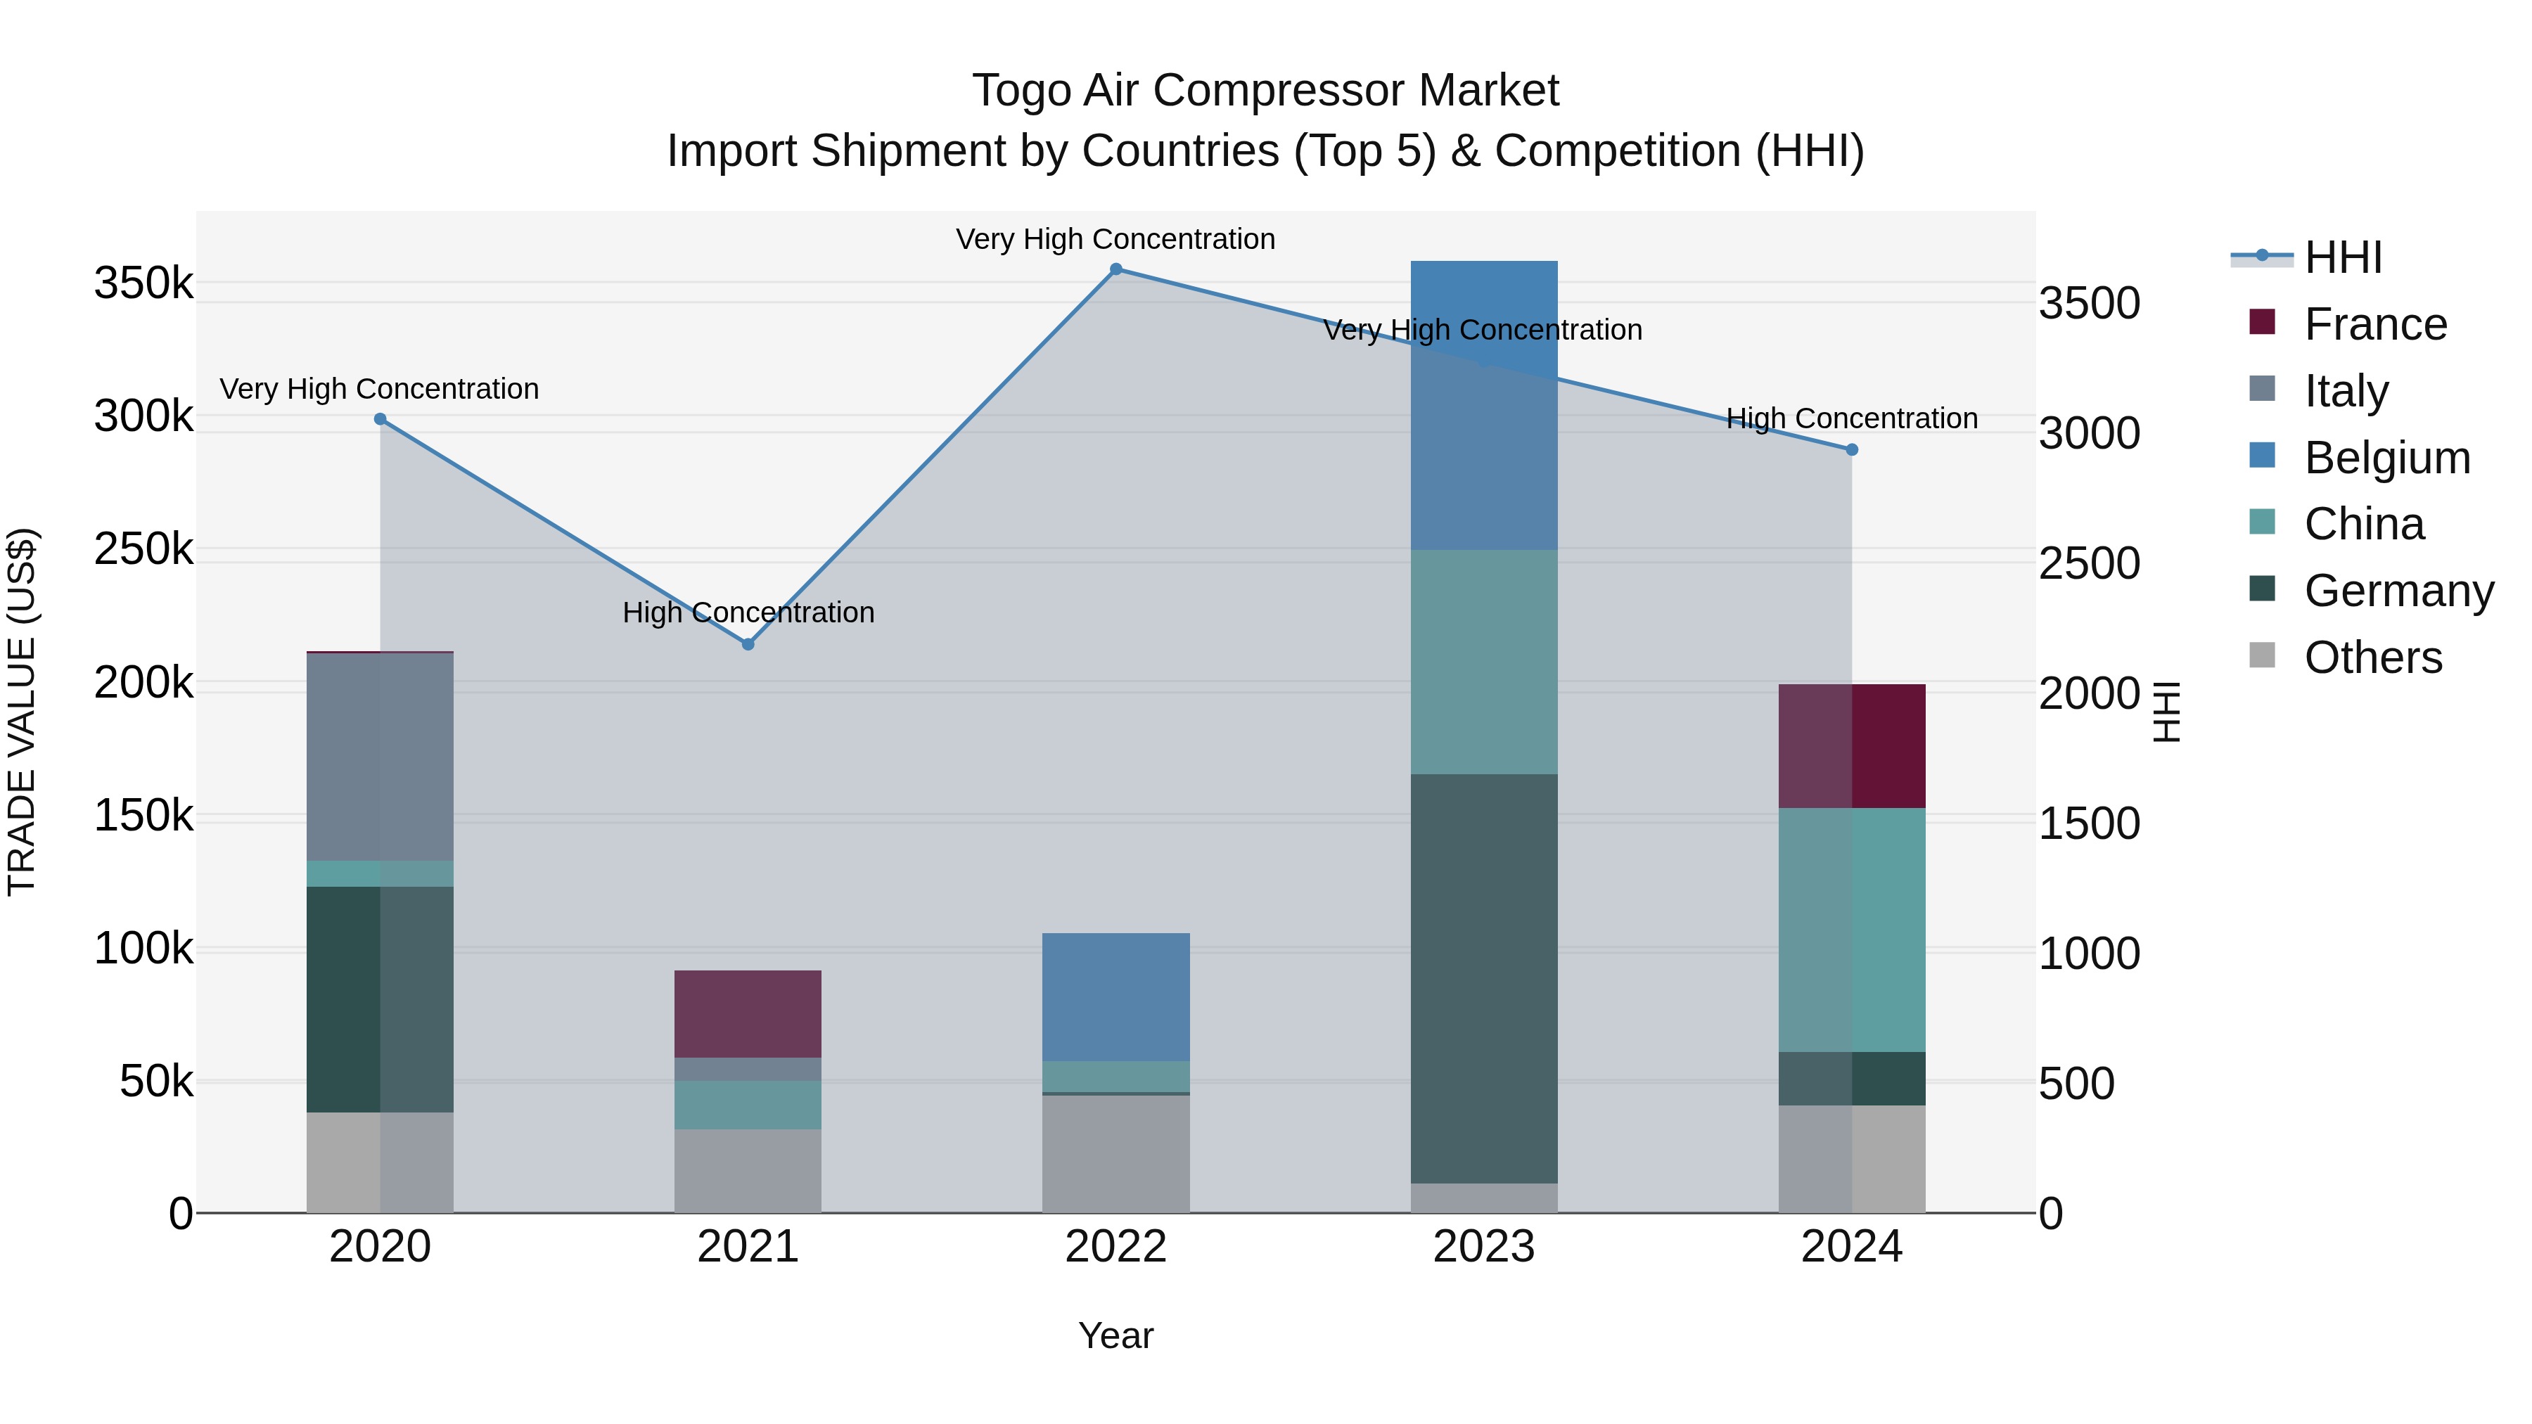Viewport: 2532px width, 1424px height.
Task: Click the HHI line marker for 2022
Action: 1115,269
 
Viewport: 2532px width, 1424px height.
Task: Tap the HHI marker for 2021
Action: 748,645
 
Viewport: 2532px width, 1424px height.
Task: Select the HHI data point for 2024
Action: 1852,450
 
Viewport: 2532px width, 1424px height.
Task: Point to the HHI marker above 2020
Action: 381,420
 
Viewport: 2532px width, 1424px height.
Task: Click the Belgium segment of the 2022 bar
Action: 1115,996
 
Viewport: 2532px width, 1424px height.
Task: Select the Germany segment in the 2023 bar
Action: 1484,978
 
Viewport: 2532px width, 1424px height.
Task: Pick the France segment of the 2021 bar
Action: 748,1013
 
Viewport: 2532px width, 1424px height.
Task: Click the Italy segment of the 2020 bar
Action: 381,757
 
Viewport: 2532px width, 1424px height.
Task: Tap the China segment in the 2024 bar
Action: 1852,930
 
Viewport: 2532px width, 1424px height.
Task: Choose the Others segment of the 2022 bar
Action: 1115,1154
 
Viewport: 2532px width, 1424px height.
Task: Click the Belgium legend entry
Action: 2386,458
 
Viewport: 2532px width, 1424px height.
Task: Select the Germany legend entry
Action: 2398,591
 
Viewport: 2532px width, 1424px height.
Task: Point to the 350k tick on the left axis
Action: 143,284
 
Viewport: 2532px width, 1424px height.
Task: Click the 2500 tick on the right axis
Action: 2089,564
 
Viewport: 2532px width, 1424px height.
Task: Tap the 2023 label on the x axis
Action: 1484,1247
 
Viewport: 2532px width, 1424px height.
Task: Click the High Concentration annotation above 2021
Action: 748,613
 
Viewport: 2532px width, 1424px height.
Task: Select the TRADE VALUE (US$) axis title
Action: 22,712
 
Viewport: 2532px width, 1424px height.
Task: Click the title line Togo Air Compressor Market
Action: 1265,91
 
